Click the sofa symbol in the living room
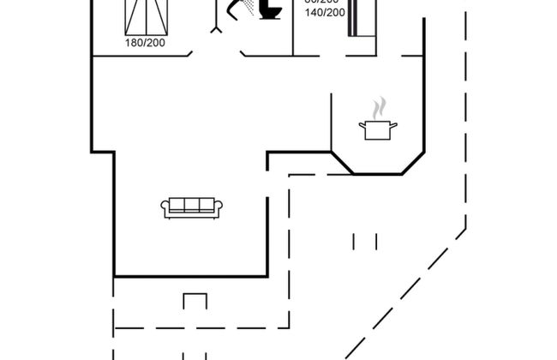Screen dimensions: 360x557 tap(192, 207)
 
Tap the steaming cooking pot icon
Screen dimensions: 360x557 tap(378, 129)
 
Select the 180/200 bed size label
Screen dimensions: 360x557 tap(144, 42)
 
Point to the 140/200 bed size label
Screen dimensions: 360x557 tap(325, 13)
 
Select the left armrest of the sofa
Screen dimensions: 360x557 tap(165, 207)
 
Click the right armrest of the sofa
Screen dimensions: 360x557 tap(219, 207)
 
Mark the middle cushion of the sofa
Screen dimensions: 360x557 tap(192, 205)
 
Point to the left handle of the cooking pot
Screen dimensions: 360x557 tap(362, 126)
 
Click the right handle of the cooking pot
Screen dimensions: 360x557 tap(395, 126)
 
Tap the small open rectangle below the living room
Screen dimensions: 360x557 tap(195, 302)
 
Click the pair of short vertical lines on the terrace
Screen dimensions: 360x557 tap(365, 241)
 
